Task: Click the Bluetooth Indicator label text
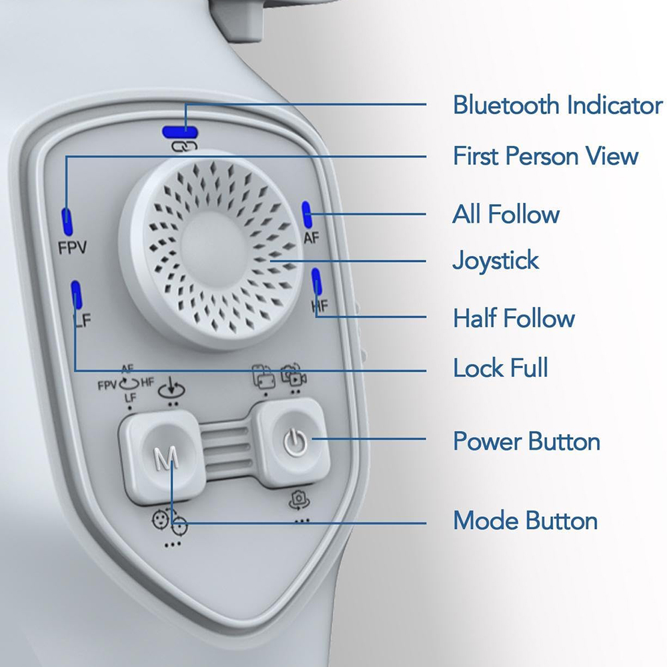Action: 557,105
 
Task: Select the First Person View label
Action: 546,155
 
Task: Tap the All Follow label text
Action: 506,213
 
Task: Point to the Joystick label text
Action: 496,260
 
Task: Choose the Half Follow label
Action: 514,317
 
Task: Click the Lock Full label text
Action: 500,368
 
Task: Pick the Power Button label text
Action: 526,441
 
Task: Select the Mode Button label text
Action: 525,520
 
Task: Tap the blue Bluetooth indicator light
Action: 180,132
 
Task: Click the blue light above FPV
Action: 67,221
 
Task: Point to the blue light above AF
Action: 307,214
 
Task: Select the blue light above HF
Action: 316,281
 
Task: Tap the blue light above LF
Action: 77,294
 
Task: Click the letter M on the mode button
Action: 166,459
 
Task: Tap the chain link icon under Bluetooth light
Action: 184,147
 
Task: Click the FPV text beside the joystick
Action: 72,247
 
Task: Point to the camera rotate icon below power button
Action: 299,500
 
